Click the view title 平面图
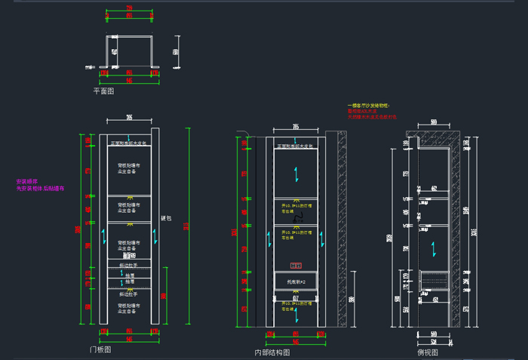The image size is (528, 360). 103,91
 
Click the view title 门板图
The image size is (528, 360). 100,350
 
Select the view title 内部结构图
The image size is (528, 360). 272,352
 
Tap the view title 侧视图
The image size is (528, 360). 428,352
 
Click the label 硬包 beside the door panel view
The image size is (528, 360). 167,218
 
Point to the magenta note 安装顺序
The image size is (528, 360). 27,181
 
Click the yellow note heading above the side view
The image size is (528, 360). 367,106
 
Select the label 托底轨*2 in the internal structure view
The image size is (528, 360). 296,281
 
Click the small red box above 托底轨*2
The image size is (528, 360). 296,266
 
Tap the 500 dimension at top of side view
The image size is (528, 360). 434,121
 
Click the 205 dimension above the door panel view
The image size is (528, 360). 129,117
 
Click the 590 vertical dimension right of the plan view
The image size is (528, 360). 176,51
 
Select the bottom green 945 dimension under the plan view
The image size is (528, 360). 129,79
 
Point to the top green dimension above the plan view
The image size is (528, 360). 129,9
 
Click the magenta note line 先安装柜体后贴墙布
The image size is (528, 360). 40,189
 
